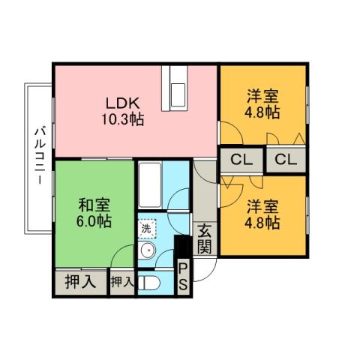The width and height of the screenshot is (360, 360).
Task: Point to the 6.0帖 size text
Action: click(x=94, y=221)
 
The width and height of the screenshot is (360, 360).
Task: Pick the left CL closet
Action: click(x=241, y=159)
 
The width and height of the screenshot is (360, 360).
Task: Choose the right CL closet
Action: click(x=285, y=159)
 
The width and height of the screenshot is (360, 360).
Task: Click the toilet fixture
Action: click(x=150, y=283)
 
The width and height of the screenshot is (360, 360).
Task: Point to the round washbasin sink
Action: click(x=147, y=252)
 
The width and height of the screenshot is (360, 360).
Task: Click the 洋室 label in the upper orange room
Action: click(x=262, y=96)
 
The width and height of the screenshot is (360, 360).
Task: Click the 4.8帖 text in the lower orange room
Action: click(x=262, y=222)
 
